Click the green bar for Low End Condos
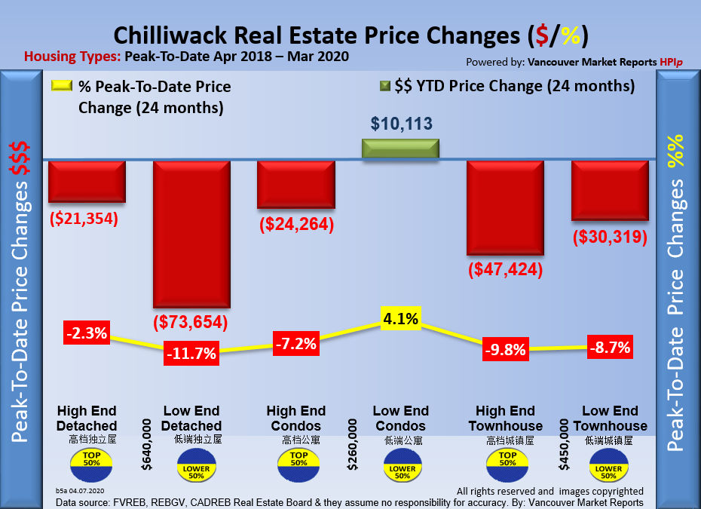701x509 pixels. pyautogui.click(x=400, y=149)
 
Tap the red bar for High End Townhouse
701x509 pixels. pyautogui.click(x=505, y=207)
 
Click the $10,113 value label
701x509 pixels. pyautogui.click(x=401, y=123)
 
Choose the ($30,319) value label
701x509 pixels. pyautogui.click(x=610, y=237)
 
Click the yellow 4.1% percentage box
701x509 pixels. pyautogui.click(x=400, y=319)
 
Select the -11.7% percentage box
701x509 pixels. pyautogui.click(x=192, y=352)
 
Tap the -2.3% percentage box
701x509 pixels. pyautogui.click(x=87, y=332)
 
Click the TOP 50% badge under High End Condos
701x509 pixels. pyautogui.click(x=297, y=461)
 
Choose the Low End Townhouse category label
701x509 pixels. pyautogui.click(x=610, y=419)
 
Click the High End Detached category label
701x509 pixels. pyautogui.click(x=87, y=419)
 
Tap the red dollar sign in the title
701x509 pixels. pyautogui.click(x=539, y=35)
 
